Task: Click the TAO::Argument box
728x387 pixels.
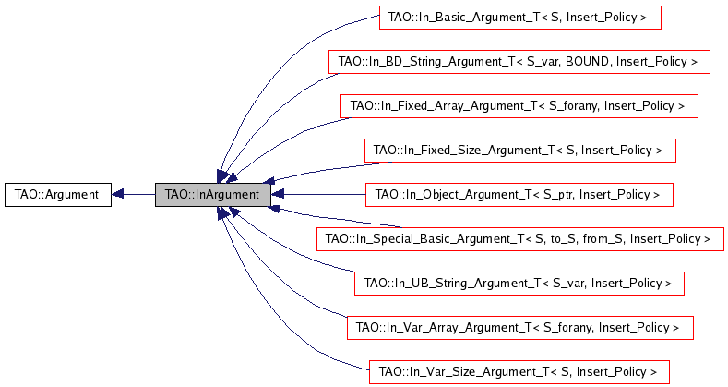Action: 58,195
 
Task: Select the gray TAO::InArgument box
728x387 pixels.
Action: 212,195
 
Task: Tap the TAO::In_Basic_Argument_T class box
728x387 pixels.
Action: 520,18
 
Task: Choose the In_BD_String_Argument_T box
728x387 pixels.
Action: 519,62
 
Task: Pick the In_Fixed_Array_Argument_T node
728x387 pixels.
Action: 519,106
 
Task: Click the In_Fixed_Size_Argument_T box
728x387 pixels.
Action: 520,151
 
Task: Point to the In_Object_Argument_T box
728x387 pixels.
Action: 519,195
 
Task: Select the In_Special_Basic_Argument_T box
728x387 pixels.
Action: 520,239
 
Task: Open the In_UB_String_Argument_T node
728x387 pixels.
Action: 519,284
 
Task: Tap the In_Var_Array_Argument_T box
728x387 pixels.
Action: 520,328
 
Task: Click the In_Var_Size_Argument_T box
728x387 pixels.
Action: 519,372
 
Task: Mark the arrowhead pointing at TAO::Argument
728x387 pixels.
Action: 117,195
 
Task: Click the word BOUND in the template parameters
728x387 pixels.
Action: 588,62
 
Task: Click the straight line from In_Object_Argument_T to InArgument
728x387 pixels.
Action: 318,195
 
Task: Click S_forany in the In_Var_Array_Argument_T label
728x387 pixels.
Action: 567,328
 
